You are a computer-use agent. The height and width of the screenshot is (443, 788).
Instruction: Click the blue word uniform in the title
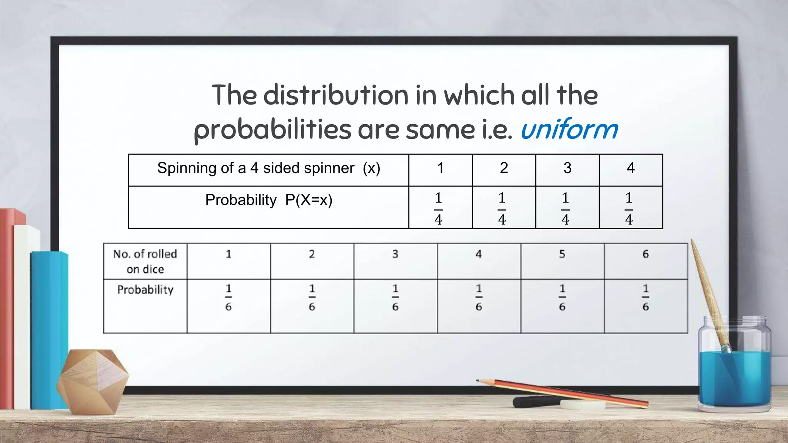tap(569, 129)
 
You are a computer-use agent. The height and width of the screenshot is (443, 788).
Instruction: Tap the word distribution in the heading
tap(336, 95)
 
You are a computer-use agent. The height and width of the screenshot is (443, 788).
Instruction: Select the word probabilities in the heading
tap(272, 130)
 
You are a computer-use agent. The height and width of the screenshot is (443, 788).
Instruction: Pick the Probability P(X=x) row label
tap(269, 200)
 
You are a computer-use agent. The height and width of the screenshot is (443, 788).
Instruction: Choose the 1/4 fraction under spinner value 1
tap(438, 208)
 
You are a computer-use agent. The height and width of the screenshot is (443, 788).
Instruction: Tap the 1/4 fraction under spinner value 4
tap(629, 208)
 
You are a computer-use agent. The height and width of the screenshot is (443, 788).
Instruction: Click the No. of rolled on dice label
tap(145, 261)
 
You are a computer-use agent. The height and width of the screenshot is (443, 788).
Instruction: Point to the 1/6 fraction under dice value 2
tap(312, 297)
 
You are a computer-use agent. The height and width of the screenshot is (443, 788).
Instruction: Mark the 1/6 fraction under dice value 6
tap(646, 297)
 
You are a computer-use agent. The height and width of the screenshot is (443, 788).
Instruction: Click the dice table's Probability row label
tap(145, 290)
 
